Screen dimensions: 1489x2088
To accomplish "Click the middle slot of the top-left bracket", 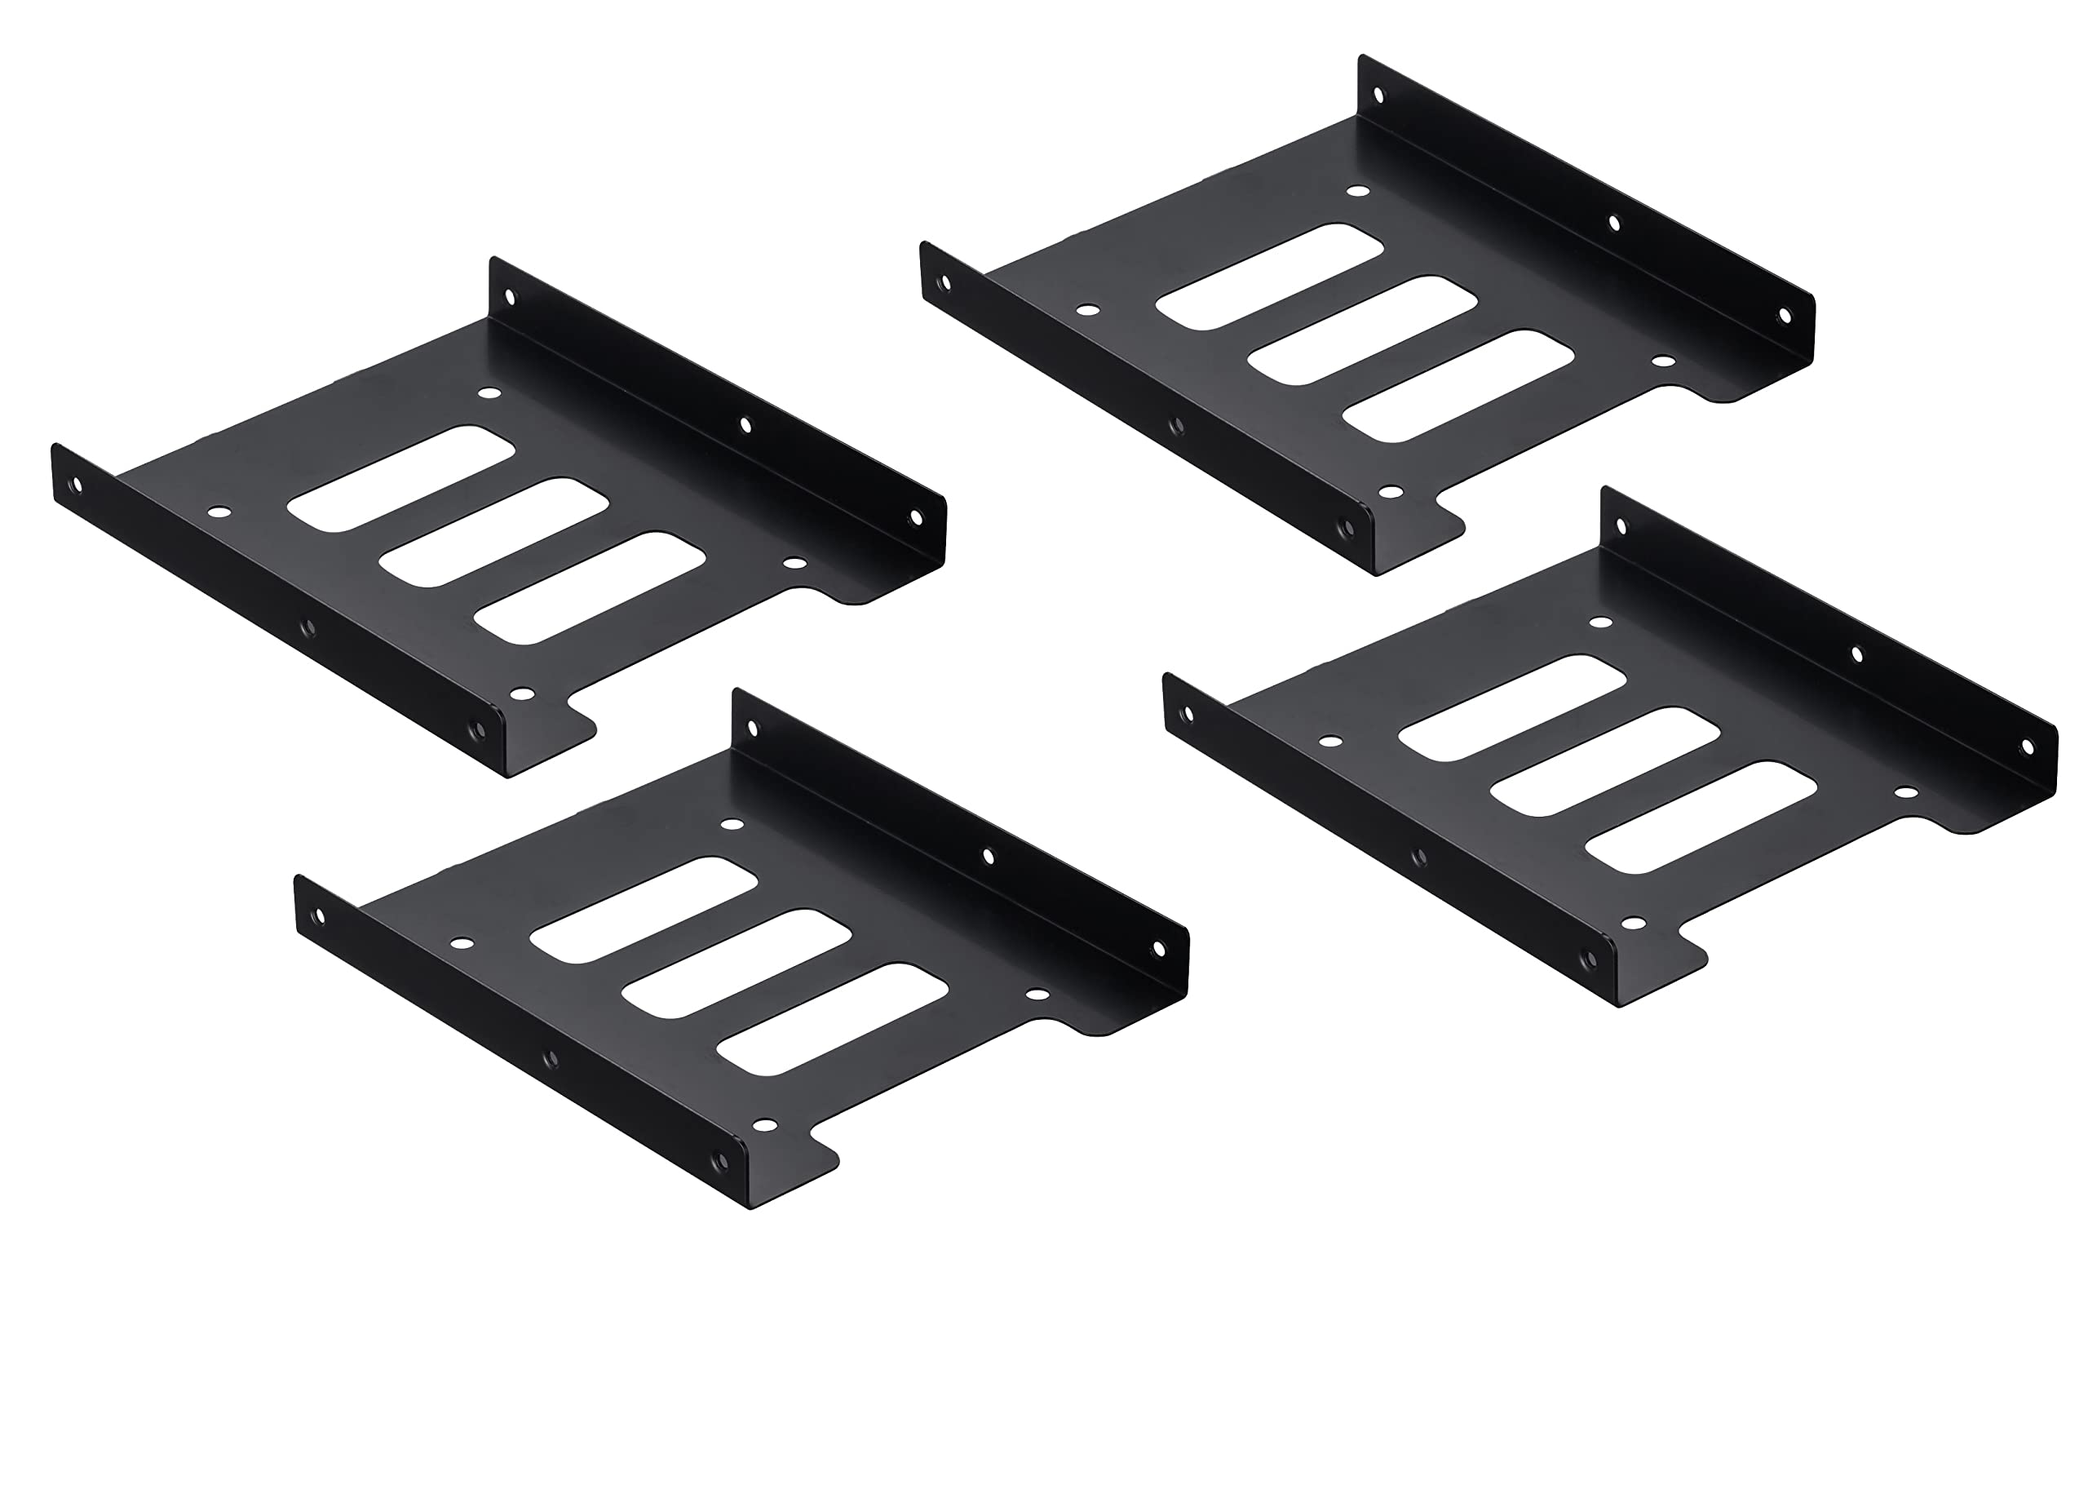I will [493, 533].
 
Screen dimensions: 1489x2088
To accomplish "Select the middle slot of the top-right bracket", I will [1362, 331].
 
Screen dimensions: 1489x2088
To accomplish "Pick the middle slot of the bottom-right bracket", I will [1605, 762].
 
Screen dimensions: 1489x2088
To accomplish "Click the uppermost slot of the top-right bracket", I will [1269, 276].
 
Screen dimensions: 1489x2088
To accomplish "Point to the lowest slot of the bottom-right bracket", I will [1701, 817].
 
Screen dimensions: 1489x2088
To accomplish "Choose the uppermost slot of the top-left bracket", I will [400, 477].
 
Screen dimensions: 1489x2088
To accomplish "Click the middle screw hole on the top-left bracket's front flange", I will [308, 627].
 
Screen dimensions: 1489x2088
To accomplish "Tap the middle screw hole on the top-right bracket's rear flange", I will [1614, 223].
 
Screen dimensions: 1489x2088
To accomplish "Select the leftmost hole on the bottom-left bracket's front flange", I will [319, 915].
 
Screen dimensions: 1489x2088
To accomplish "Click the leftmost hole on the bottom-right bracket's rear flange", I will [1621, 526].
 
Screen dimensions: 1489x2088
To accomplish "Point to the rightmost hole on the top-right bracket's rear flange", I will [1784, 316].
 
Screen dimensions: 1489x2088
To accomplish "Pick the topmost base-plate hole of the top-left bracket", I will [489, 393].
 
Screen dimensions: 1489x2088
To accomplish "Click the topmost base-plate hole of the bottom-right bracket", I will [1600, 623].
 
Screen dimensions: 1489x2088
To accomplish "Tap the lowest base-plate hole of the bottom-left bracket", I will [763, 1125].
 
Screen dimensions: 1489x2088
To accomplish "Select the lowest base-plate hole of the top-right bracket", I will [1391, 491].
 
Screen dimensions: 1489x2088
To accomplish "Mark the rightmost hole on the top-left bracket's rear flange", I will [915, 518].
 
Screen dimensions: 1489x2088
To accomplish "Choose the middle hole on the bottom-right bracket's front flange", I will [1419, 858].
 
